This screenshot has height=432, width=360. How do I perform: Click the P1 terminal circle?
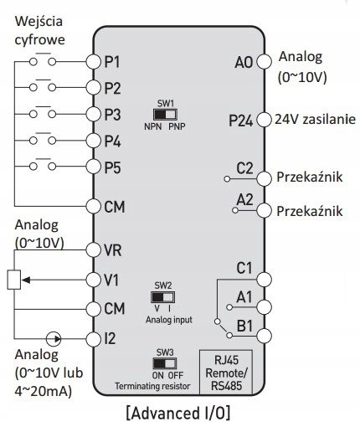tap(93, 62)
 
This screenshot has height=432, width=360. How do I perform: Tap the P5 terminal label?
tap(112, 167)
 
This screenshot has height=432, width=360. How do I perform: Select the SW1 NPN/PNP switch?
tap(165, 115)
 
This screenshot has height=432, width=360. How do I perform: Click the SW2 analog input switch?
tap(163, 297)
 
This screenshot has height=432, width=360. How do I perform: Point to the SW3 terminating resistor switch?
tap(165, 363)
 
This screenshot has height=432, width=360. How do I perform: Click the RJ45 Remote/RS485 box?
tap(226, 373)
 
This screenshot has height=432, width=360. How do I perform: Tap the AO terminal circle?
tap(264, 61)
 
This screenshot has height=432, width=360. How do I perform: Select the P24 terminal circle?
tap(264, 120)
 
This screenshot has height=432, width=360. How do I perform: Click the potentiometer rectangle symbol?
tap(14, 280)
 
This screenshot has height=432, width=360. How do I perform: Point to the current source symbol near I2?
tap(54, 339)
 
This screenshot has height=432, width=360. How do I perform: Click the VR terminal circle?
tap(93, 250)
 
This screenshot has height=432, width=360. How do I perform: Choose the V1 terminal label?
tap(111, 280)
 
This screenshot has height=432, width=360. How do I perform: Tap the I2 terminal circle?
tap(93, 339)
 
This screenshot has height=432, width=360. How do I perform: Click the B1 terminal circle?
tap(264, 336)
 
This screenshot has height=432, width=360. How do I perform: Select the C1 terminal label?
tap(244, 268)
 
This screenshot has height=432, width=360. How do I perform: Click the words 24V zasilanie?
tap(316, 120)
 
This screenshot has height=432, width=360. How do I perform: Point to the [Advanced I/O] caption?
tap(178, 413)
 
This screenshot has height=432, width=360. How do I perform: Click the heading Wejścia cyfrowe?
tap(39, 31)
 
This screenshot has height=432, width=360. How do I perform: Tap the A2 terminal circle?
tap(264, 210)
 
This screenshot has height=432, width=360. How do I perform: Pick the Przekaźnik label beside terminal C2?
tap(310, 177)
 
